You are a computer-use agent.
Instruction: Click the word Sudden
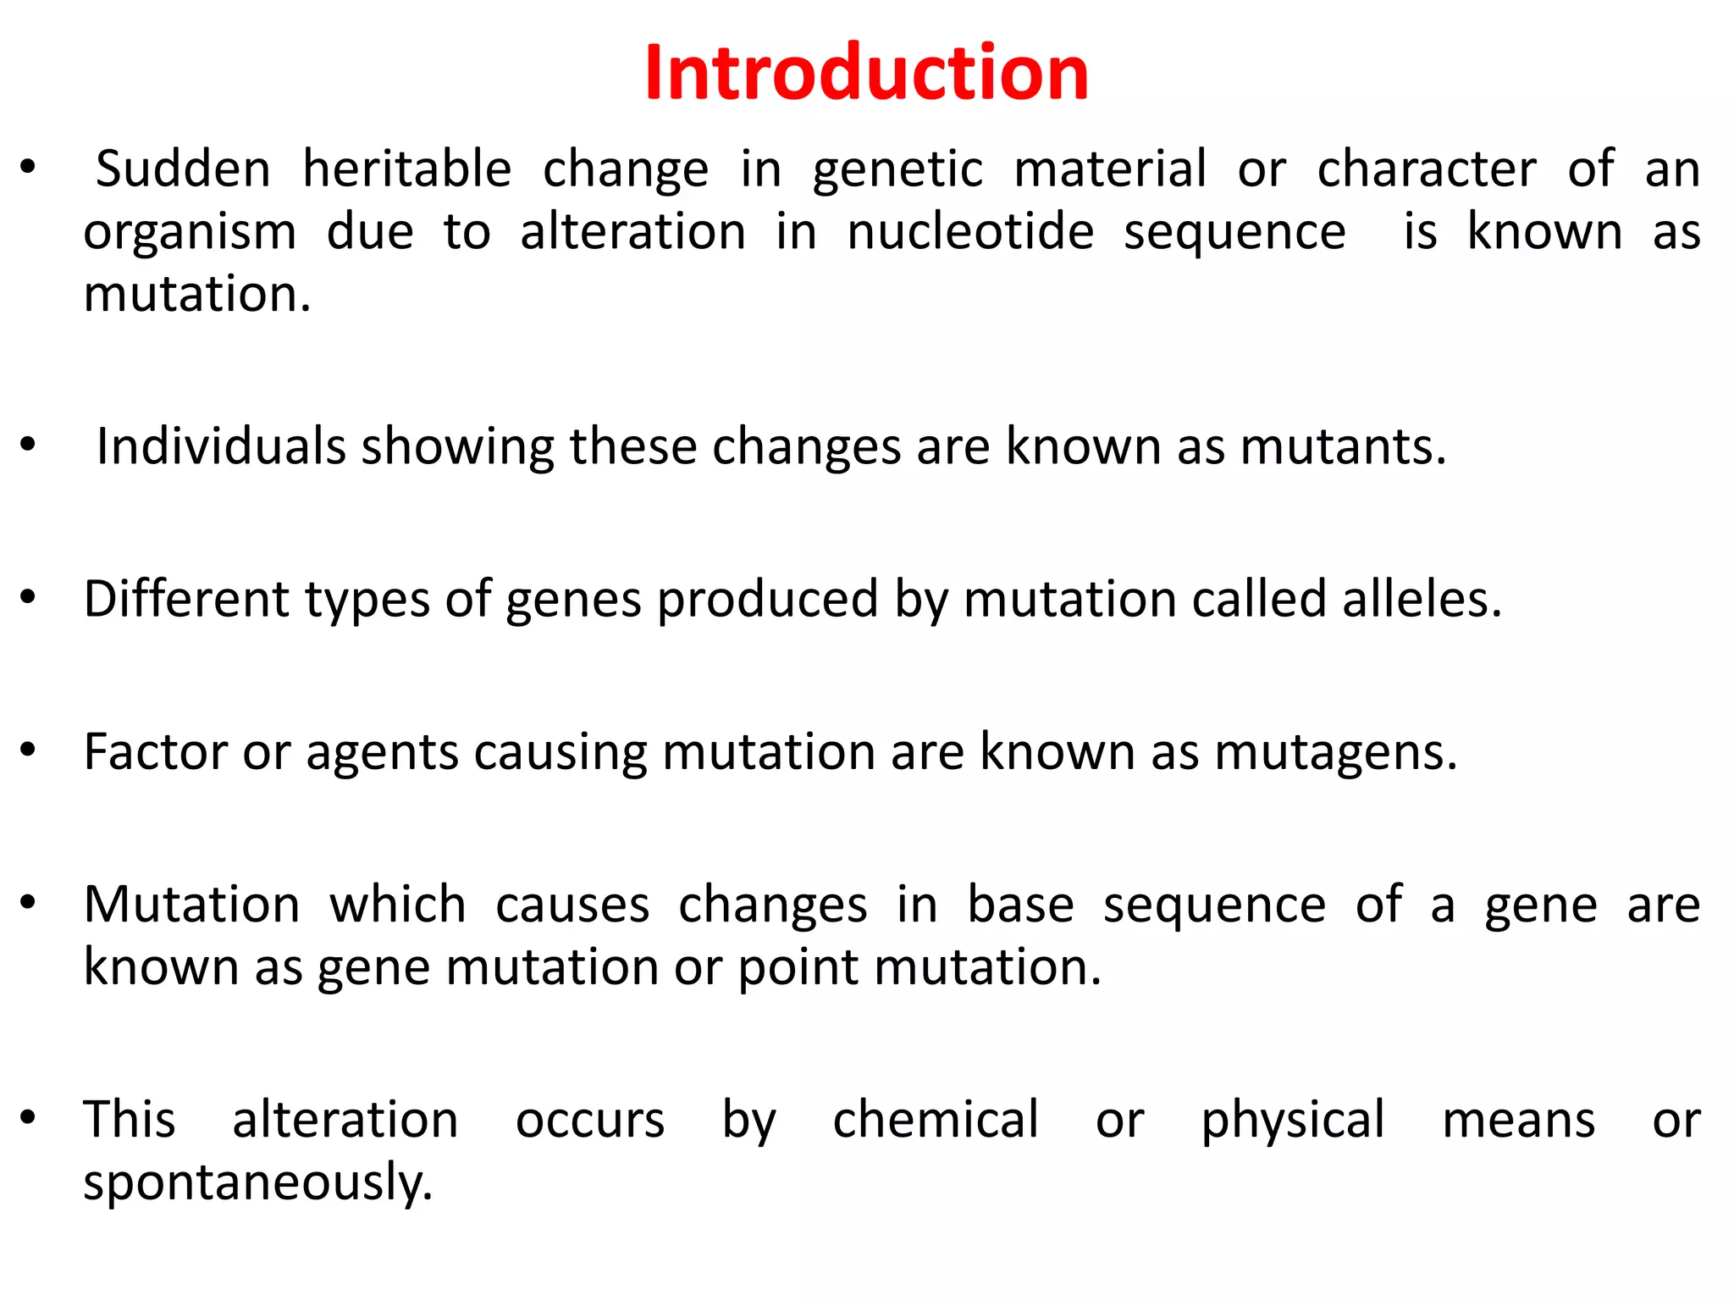click(x=183, y=169)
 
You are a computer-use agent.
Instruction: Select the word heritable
click(x=407, y=169)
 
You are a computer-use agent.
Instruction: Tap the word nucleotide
click(x=970, y=232)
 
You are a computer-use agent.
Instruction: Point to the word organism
click(x=190, y=234)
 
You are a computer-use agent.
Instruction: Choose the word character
click(x=1427, y=169)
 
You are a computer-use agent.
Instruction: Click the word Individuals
click(x=221, y=446)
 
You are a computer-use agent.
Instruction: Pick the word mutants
click(x=1343, y=446)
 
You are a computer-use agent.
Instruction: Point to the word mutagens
click(x=1335, y=753)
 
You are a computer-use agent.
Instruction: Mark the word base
click(x=1020, y=904)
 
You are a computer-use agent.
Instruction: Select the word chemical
click(x=936, y=1119)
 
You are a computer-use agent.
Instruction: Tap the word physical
click(x=1293, y=1121)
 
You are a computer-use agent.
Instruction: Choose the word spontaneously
click(x=257, y=1183)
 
